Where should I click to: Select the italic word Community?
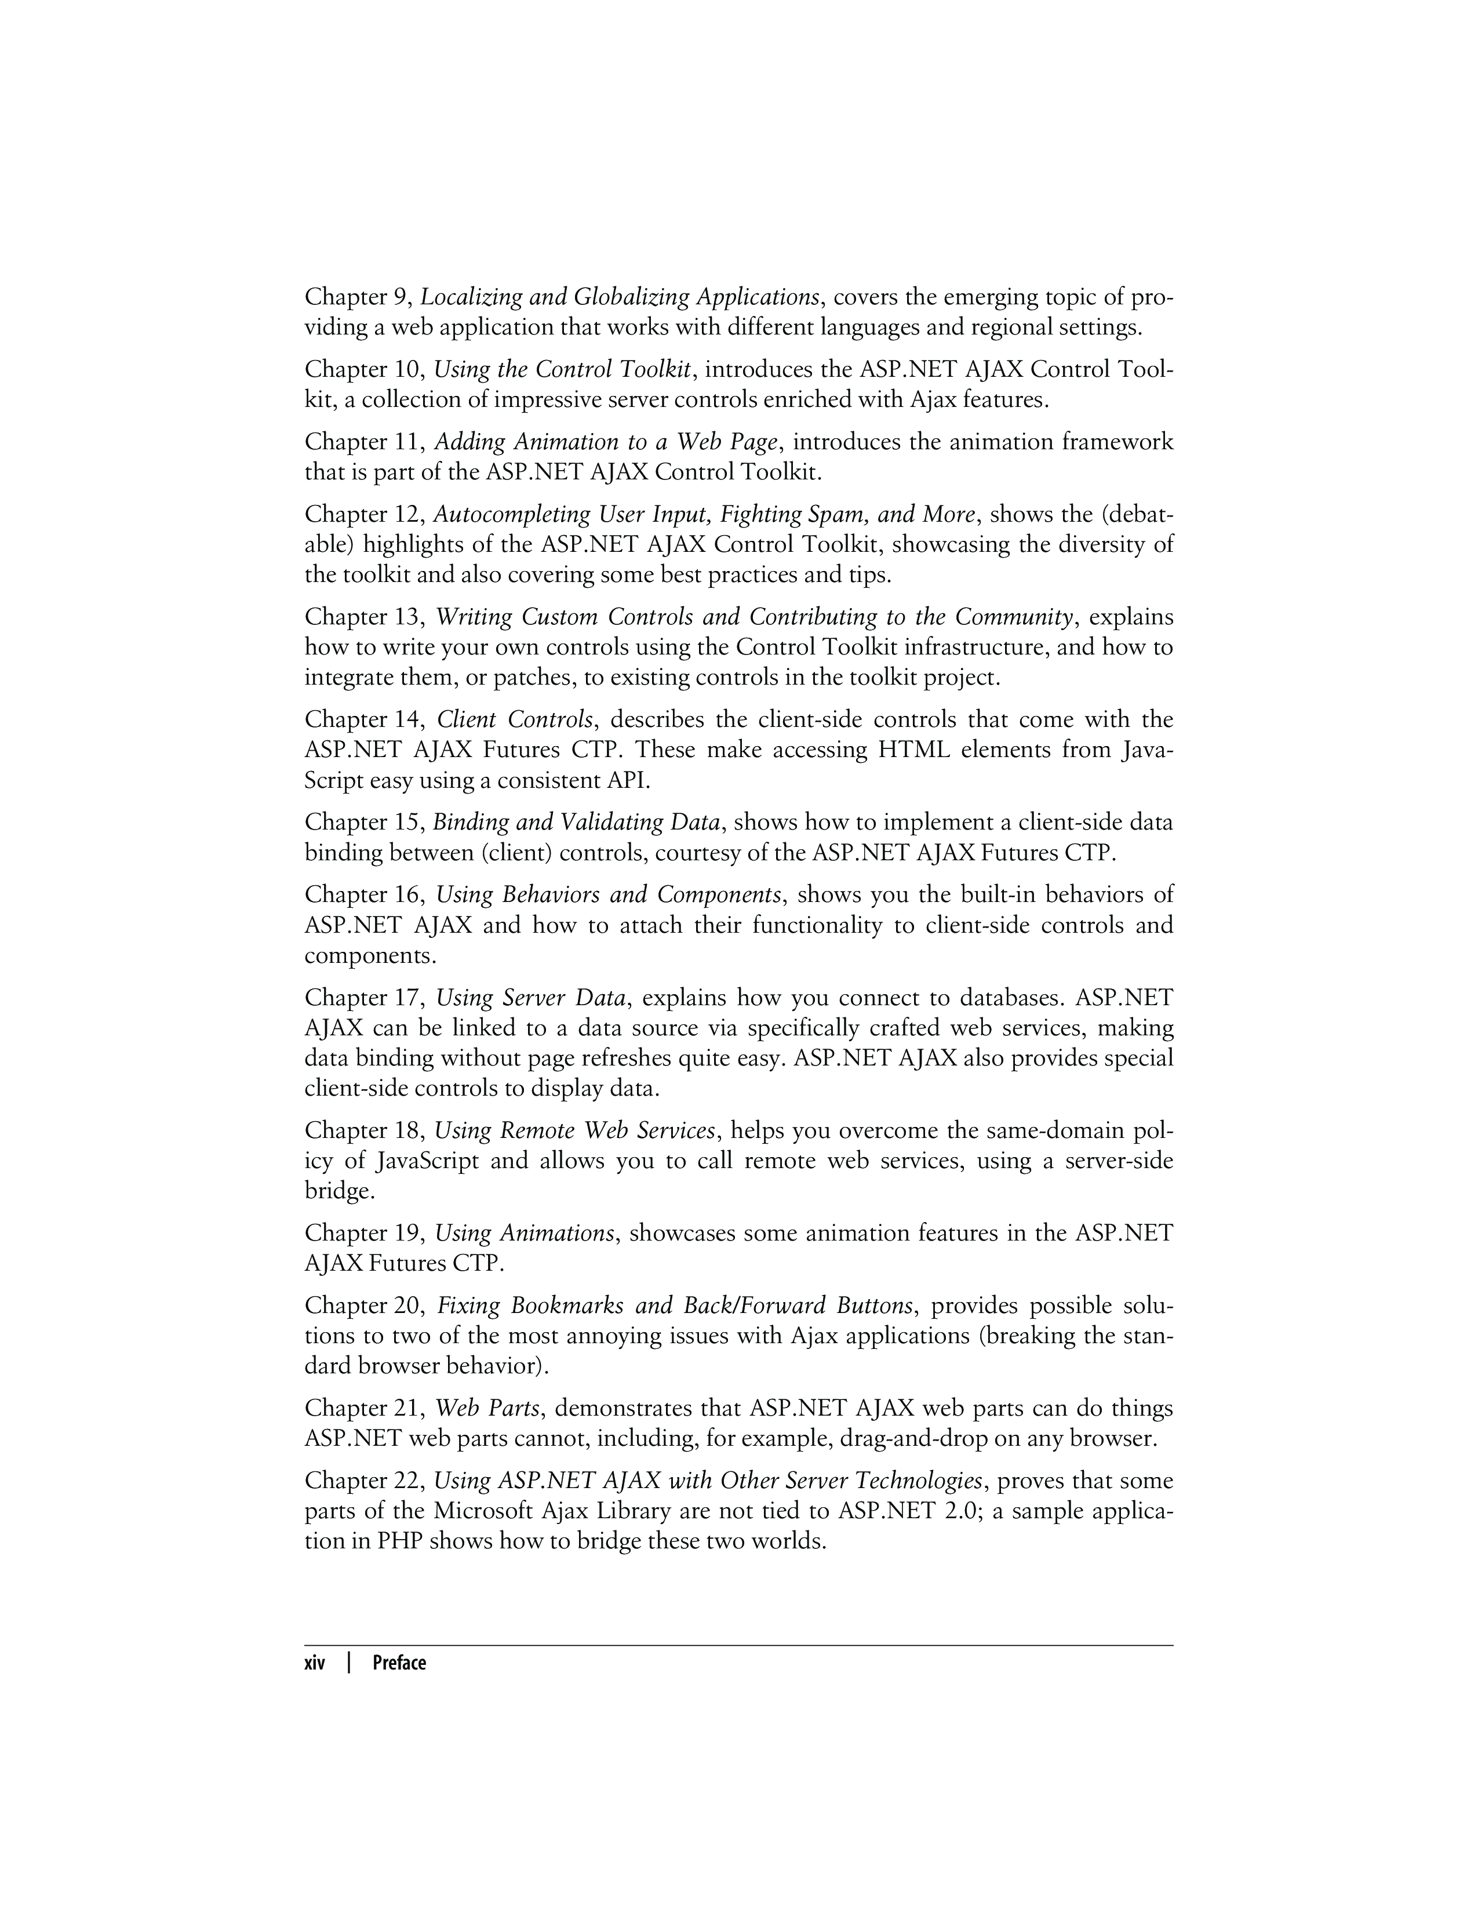click(x=1014, y=617)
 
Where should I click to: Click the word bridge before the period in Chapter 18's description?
click(x=336, y=1192)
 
